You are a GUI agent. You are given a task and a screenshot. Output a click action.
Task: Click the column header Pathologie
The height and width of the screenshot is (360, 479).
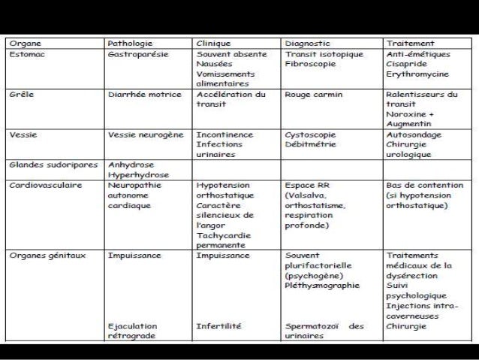[131, 44]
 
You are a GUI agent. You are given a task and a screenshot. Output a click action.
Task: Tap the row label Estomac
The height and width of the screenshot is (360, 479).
[27, 54]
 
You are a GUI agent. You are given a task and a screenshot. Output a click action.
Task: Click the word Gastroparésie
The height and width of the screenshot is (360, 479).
[138, 54]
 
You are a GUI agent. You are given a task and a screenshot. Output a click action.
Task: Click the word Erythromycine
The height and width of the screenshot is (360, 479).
[417, 74]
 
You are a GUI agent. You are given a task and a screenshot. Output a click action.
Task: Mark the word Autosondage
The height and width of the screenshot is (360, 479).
[414, 135]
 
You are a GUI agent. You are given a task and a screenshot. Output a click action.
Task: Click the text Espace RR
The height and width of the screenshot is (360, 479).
[309, 184]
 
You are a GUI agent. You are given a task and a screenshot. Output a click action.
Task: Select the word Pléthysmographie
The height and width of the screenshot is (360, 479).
[322, 285]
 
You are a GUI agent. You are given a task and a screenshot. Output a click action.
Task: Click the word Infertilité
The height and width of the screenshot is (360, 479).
[218, 326]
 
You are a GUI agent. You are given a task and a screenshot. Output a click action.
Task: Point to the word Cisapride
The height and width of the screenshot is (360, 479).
[408, 65]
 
